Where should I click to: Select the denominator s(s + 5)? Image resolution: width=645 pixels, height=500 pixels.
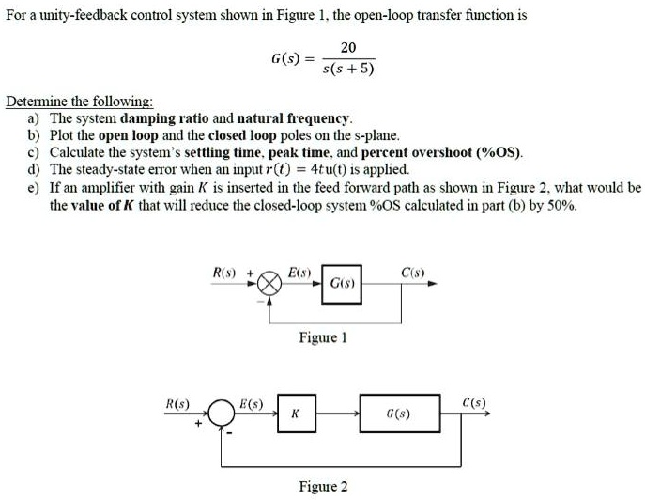pos(348,69)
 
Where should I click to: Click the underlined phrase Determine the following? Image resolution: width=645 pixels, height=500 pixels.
pos(80,102)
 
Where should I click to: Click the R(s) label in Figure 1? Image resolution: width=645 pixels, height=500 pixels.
pos(226,273)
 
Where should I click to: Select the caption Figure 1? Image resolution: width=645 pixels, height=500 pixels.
pos(322,336)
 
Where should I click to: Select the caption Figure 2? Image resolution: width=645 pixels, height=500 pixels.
pos(322,486)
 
